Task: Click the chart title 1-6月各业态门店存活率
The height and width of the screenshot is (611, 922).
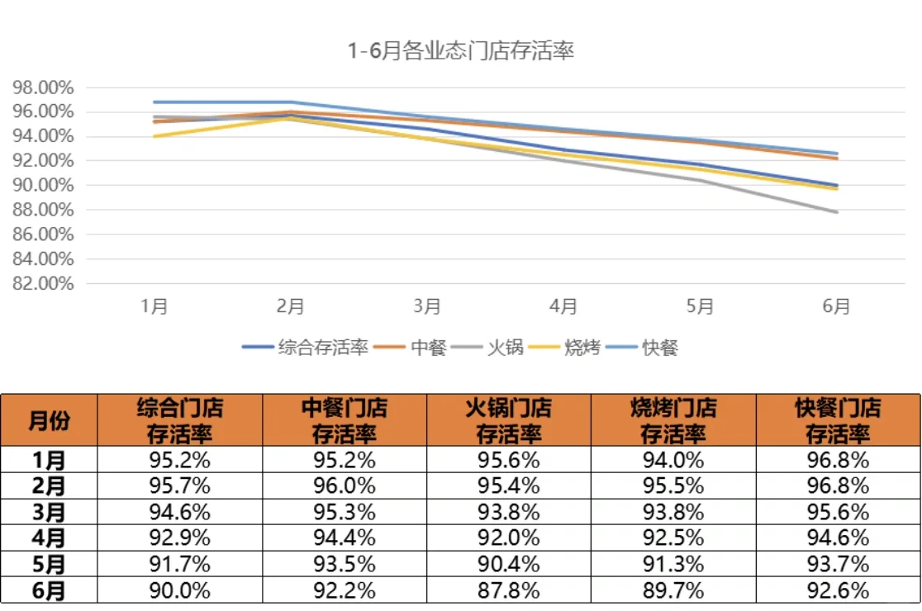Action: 460,51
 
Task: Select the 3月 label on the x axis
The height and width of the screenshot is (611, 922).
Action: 427,306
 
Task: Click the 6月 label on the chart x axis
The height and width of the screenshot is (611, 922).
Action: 836,306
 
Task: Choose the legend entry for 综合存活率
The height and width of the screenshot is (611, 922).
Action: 306,348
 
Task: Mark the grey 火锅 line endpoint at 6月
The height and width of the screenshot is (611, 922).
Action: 837,212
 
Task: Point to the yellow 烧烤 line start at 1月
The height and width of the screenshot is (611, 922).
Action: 154,136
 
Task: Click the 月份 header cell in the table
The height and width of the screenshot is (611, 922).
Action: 49,420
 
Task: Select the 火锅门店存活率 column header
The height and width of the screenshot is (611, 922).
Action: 509,420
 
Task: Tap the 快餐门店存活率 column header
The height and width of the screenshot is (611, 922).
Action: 838,420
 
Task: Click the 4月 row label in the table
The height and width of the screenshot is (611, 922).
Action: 49,538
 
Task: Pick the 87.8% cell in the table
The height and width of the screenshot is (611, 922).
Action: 509,591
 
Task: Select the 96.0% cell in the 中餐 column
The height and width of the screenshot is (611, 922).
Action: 345,485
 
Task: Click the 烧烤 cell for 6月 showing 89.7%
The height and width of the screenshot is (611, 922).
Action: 673,591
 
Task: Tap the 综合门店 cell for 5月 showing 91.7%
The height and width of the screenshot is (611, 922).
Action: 180,565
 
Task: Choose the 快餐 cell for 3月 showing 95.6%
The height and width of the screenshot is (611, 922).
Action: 838,512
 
